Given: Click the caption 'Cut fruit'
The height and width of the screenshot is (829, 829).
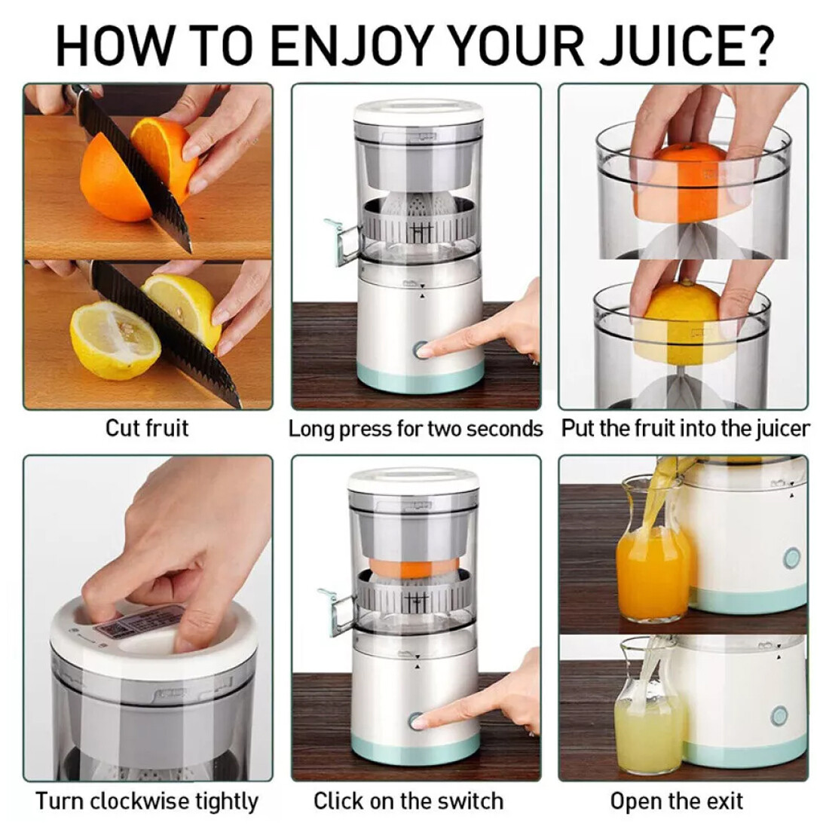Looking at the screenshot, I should (146, 428).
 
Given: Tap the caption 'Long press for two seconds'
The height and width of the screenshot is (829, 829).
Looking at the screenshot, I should (415, 429).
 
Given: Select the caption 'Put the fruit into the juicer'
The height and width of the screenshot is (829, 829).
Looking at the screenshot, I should (685, 429).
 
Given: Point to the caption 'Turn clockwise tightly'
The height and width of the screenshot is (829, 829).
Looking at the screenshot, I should (146, 800).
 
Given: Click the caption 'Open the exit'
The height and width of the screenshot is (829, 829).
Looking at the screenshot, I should (676, 800).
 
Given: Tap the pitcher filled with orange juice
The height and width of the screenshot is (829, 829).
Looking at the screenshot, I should (651, 569).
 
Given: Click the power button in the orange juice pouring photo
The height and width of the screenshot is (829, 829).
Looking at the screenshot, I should (792, 558).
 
